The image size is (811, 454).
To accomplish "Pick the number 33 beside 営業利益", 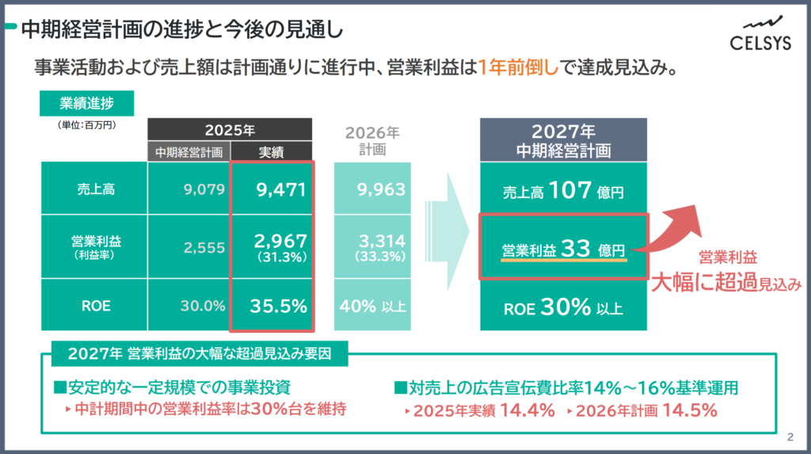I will (576, 248).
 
